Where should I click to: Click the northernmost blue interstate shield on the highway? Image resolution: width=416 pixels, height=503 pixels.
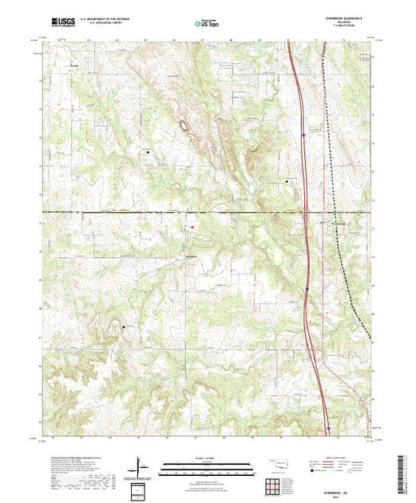point(304,136)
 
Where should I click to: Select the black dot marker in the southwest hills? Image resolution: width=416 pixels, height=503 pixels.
point(124,327)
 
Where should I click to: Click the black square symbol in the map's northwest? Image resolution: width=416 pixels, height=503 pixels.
point(148,149)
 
